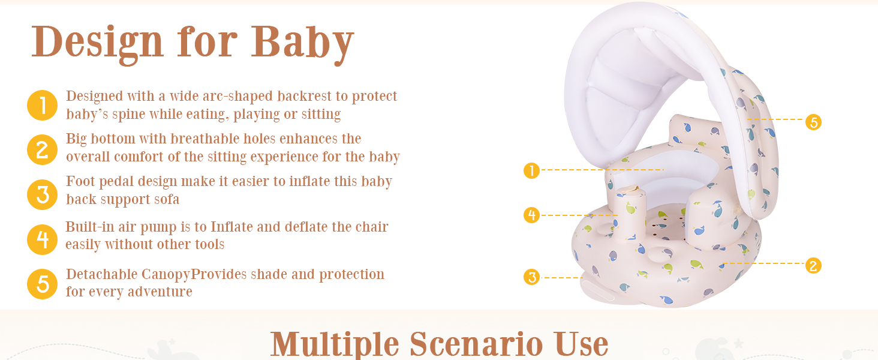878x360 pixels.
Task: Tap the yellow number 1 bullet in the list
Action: [43, 106]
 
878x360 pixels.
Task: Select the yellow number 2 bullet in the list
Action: [43, 150]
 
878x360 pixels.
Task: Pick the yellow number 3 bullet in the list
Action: [43, 194]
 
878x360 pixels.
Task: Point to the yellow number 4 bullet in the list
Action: [43, 239]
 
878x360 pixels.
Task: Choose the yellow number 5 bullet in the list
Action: [43, 284]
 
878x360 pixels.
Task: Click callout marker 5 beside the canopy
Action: [813, 122]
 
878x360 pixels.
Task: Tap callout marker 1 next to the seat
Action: [531, 170]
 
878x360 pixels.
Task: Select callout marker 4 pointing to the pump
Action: [531, 215]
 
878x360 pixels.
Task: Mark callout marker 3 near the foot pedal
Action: [531, 277]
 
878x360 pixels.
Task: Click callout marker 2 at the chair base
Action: [813, 266]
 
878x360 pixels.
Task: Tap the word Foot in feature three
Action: [80, 182]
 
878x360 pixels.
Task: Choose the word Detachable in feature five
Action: [102, 275]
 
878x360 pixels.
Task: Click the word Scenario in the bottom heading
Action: [476, 344]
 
